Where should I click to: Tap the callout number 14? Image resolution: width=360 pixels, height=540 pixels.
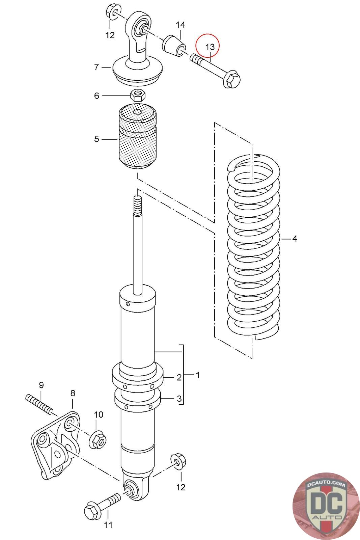[180, 25]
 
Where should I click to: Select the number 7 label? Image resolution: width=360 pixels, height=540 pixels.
[96, 67]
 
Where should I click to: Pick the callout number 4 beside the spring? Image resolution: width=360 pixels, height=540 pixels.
[295, 239]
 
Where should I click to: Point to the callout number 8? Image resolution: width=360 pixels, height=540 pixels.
[73, 393]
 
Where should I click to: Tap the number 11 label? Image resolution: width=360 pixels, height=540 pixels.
[108, 525]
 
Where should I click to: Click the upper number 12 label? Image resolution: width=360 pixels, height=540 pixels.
[110, 35]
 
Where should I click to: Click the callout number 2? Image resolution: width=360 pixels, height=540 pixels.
[179, 377]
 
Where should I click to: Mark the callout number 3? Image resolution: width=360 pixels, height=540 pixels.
[179, 399]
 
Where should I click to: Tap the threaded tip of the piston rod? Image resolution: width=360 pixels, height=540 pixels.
[137, 205]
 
